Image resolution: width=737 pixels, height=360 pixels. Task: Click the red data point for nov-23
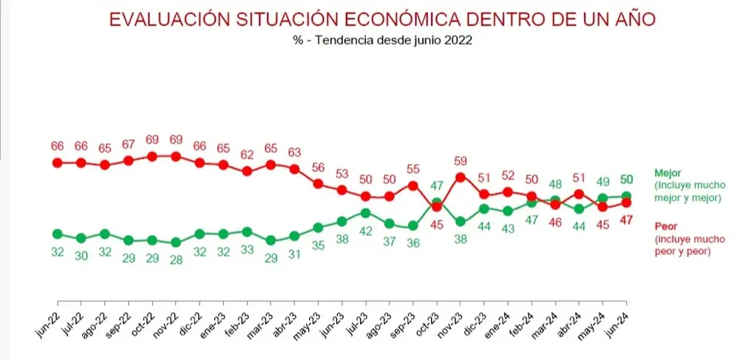tap(460, 177)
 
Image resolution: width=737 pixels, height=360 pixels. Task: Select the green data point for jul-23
tap(365, 213)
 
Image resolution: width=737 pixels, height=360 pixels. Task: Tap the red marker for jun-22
tap(58, 163)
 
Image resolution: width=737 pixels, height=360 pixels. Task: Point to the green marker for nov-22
tap(176, 242)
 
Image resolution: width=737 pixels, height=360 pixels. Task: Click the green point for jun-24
tap(626, 196)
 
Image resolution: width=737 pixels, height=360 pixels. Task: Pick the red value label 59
tap(461, 161)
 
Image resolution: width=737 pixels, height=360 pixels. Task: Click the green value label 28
tap(176, 259)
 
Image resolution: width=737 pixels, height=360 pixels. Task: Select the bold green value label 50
tap(626, 179)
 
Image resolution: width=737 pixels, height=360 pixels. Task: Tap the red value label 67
tap(129, 144)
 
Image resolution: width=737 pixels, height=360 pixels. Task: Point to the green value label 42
tap(365, 231)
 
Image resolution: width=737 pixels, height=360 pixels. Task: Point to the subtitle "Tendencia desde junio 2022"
tap(393, 41)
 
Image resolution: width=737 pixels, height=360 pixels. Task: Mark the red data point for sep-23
tap(412, 186)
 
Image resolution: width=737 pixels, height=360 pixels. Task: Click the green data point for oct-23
tap(436, 203)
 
